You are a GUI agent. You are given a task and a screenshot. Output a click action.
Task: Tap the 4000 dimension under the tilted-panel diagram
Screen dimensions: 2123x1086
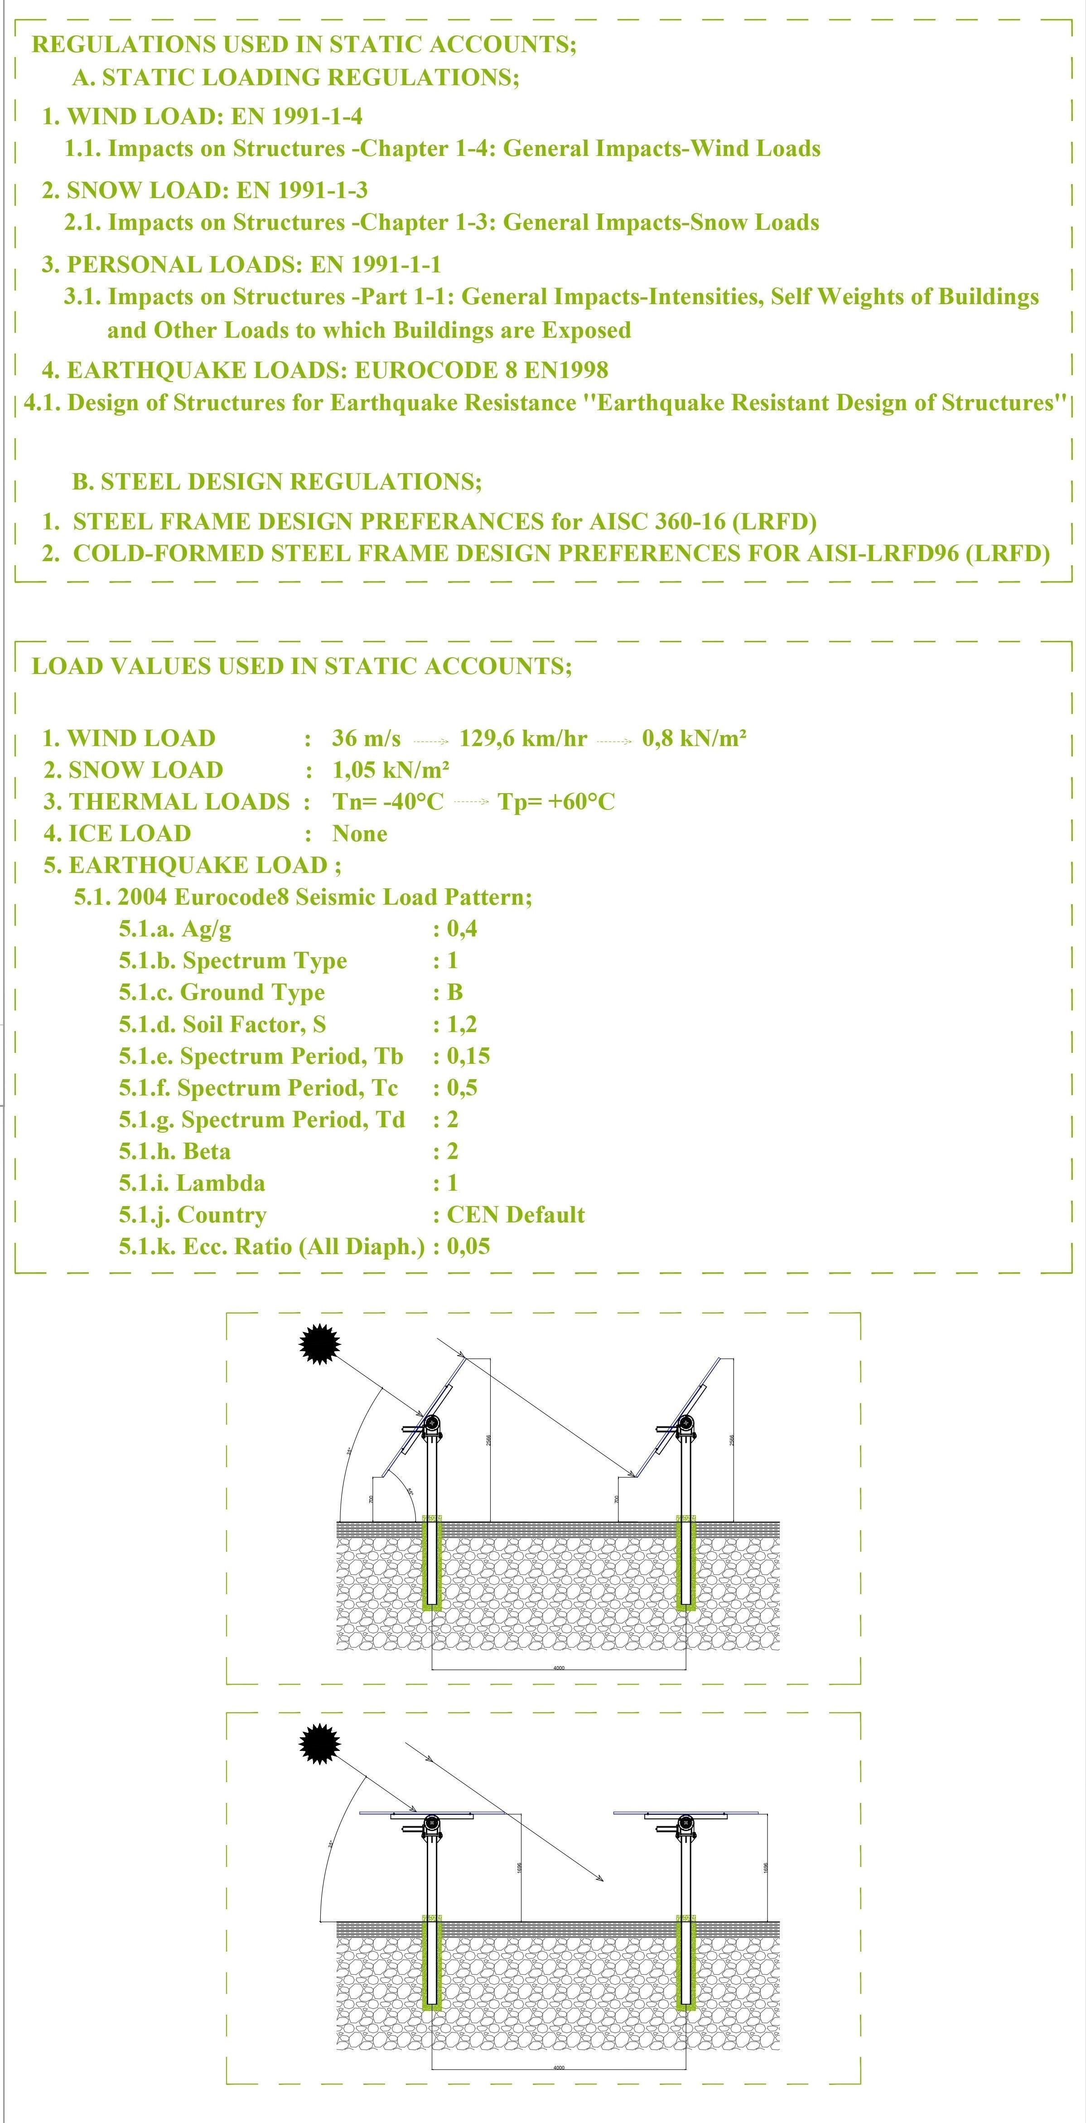pos(559,1667)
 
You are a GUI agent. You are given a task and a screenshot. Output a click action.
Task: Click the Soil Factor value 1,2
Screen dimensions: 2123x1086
pos(461,1024)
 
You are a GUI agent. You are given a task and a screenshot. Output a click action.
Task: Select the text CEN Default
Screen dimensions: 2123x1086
pos(515,1215)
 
